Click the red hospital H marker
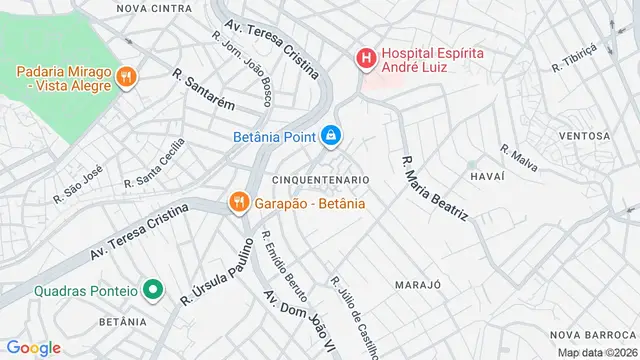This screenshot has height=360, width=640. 366,59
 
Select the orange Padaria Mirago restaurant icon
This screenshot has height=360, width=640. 126,76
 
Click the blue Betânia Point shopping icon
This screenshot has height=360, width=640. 331,134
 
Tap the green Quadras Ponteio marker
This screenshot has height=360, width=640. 152,290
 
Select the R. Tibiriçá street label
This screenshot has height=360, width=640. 574,58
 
